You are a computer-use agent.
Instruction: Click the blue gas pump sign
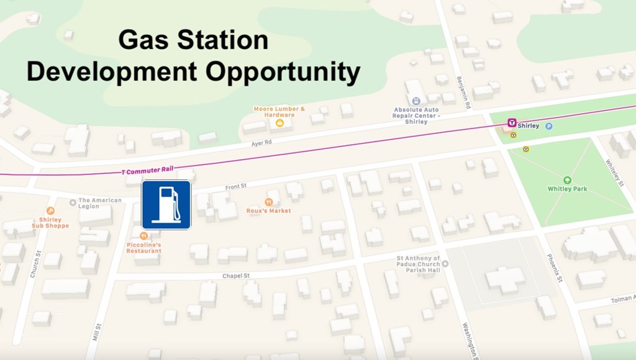pos(166,205)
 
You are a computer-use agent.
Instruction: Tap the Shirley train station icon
pos(512,123)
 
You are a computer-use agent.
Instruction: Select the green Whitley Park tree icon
pos(566,180)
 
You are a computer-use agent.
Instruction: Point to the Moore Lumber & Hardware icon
pos(279,123)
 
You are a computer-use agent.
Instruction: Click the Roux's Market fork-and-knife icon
pos(268,202)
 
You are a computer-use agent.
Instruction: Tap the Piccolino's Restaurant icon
pos(143,236)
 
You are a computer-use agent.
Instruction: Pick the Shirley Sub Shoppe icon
pos(50,211)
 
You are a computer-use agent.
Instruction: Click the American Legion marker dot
pos(73,201)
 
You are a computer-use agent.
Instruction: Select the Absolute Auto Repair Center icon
pos(416,101)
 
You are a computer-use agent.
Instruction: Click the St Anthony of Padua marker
pos(445,264)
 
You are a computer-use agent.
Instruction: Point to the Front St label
pos(235,186)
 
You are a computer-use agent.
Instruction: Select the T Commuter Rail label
pos(148,169)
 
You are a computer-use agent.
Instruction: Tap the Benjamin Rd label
pos(463,93)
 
